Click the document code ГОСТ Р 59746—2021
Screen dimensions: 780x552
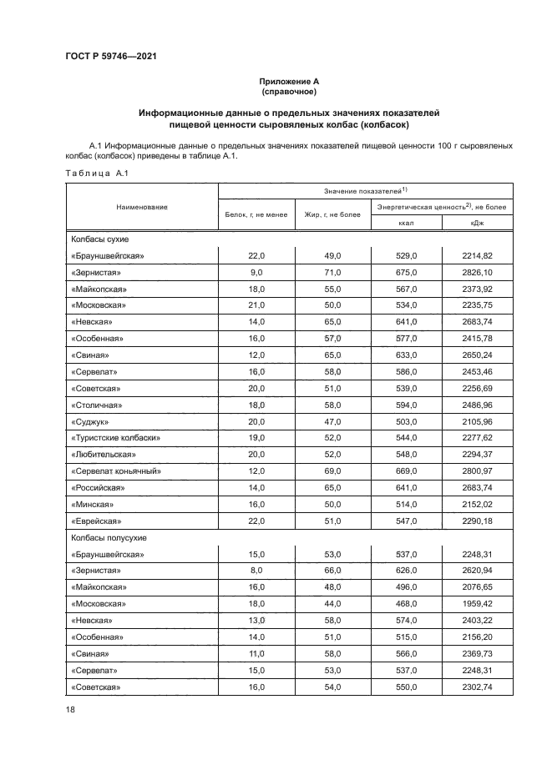[111, 57]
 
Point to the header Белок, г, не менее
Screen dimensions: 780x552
[256, 214]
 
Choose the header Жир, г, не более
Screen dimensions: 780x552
[332, 214]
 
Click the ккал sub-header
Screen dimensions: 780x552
[405, 223]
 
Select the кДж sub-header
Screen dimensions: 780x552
[476, 223]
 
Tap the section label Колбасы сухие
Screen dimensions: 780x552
[99, 239]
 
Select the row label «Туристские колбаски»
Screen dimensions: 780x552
[115, 438]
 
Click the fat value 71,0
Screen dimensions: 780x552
[332, 272]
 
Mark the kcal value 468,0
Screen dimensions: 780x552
[405, 603]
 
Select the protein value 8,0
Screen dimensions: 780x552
[256, 571]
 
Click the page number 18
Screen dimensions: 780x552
[70, 708]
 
